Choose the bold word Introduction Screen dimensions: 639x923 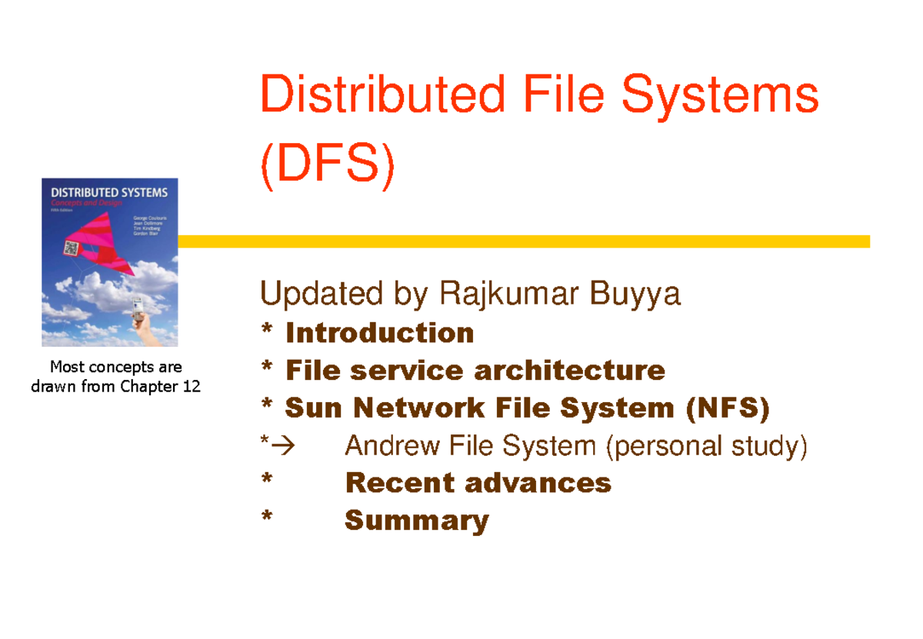coord(379,333)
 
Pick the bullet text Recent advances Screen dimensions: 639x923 coord(478,483)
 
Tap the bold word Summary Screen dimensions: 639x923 coord(416,521)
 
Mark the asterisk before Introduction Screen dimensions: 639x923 coord(266,333)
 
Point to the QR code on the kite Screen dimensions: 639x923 coord(72,248)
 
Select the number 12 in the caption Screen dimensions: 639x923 coord(192,387)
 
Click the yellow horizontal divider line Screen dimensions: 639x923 coord(523,241)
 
